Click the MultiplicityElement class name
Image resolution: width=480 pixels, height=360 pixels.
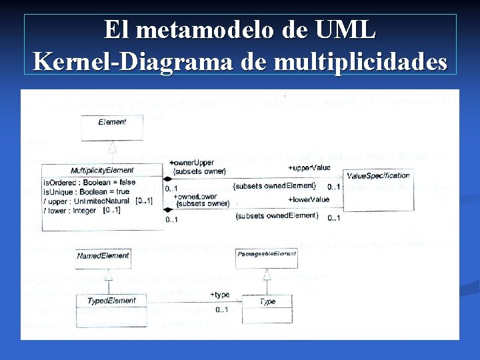[102, 171]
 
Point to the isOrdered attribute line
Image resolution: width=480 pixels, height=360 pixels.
[89, 182]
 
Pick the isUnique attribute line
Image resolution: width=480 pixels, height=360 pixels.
[86, 191]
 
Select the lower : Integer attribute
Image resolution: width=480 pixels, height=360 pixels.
[71, 210]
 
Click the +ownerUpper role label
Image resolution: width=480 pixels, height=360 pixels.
[191, 163]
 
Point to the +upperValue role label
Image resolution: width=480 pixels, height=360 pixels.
[309, 167]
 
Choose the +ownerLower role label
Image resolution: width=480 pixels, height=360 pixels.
[194, 197]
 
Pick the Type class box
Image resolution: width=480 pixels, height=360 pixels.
[267, 302]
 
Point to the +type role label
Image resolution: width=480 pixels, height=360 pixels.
[219, 295]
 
